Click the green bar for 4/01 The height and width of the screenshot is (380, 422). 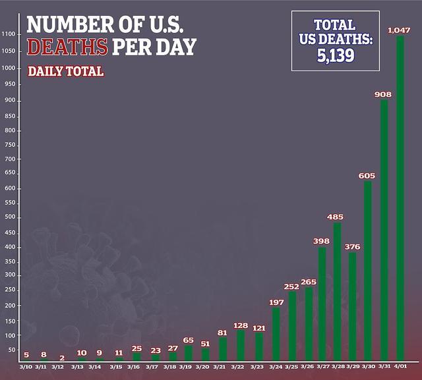400,198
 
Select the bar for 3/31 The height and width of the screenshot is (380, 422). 384,231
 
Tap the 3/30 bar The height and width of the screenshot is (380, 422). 368,270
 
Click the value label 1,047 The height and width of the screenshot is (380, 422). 400,30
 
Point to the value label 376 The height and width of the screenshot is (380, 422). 353,247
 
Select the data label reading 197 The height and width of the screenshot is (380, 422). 275,302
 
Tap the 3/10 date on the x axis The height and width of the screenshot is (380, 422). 26,366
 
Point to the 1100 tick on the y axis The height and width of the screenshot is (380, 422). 9,34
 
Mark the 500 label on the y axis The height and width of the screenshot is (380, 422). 9,217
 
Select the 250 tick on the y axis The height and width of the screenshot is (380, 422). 9,290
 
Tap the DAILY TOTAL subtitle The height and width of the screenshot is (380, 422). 66,71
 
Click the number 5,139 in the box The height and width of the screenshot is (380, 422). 335,55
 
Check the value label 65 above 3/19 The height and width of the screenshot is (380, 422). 188,340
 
